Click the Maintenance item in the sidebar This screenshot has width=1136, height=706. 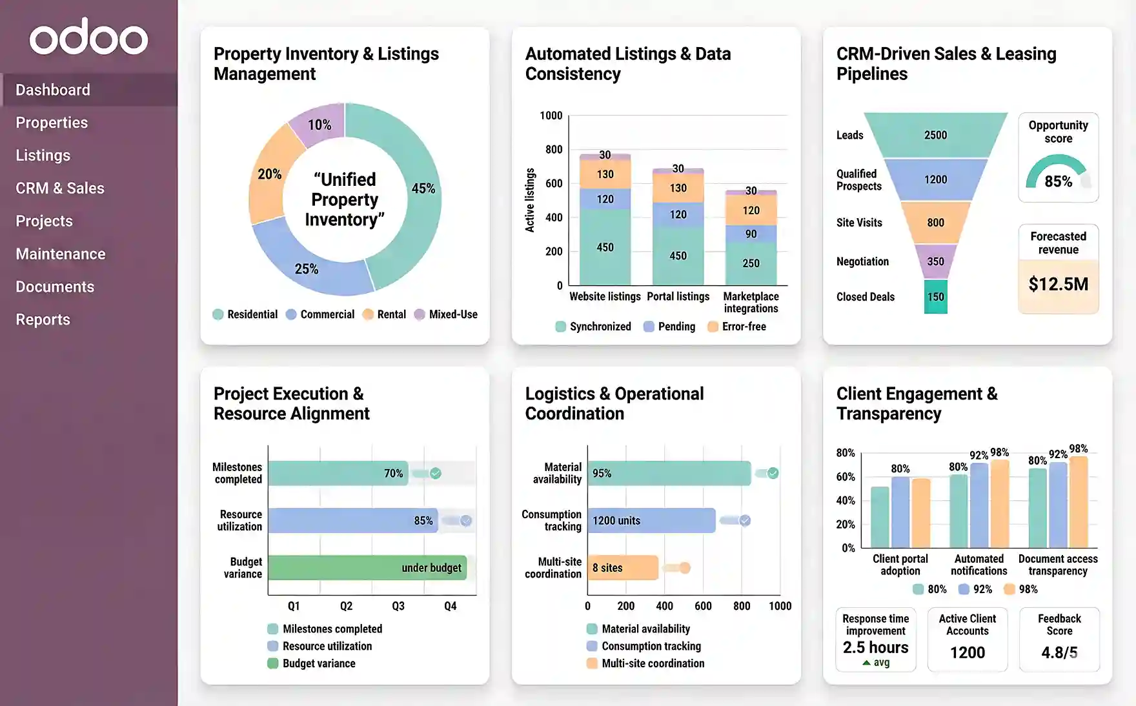pos(61,254)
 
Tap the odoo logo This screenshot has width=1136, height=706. pos(88,37)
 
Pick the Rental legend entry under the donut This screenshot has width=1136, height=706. pos(384,314)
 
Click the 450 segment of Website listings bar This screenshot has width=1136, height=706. pos(605,247)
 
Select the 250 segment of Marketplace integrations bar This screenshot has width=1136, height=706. pos(751,263)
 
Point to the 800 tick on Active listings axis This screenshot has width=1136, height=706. pos(553,149)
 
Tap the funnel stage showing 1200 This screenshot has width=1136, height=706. pos(935,179)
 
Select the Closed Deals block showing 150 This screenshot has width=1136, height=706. pos(935,297)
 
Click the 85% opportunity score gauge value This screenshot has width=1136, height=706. pos(1058,181)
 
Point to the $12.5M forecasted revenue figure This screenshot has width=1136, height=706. pos(1058,284)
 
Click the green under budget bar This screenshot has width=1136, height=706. pos(367,568)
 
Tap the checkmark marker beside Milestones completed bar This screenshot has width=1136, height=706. pos(436,473)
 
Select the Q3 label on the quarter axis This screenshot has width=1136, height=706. pos(398,606)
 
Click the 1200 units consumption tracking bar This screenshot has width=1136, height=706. pos(651,520)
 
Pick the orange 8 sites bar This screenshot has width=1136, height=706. pos(622,568)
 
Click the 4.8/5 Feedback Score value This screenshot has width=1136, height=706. pos(1059,652)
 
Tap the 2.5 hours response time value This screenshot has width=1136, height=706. pos(875,647)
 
